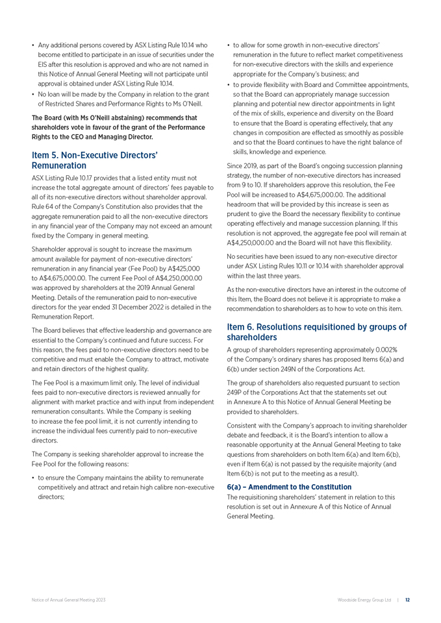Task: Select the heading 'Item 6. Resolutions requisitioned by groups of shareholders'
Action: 316,332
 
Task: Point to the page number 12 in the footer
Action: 407,600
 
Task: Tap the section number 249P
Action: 236,401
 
